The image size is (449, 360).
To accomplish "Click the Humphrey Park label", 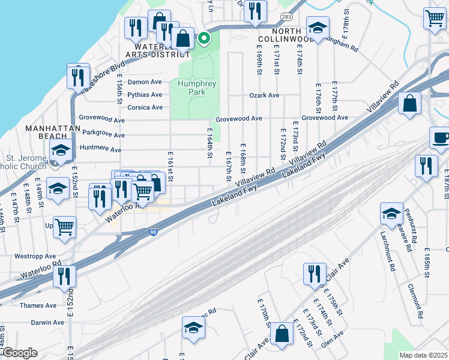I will (x=196, y=88).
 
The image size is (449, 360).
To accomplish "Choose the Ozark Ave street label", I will (x=264, y=95).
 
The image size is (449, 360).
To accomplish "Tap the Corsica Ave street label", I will (x=145, y=107).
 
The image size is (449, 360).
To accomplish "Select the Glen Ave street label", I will (x=332, y=339).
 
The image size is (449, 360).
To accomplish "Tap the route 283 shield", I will (x=286, y=17).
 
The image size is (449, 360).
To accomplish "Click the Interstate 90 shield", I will (x=154, y=232).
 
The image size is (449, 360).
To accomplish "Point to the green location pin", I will (x=204, y=39).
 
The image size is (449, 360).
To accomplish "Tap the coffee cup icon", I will (x=441, y=137).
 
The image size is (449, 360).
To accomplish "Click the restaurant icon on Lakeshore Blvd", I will (x=78, y=76).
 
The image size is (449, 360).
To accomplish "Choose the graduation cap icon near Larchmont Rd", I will (x=391, y=213).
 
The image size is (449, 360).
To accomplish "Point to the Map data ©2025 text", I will (x=423, y=355).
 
